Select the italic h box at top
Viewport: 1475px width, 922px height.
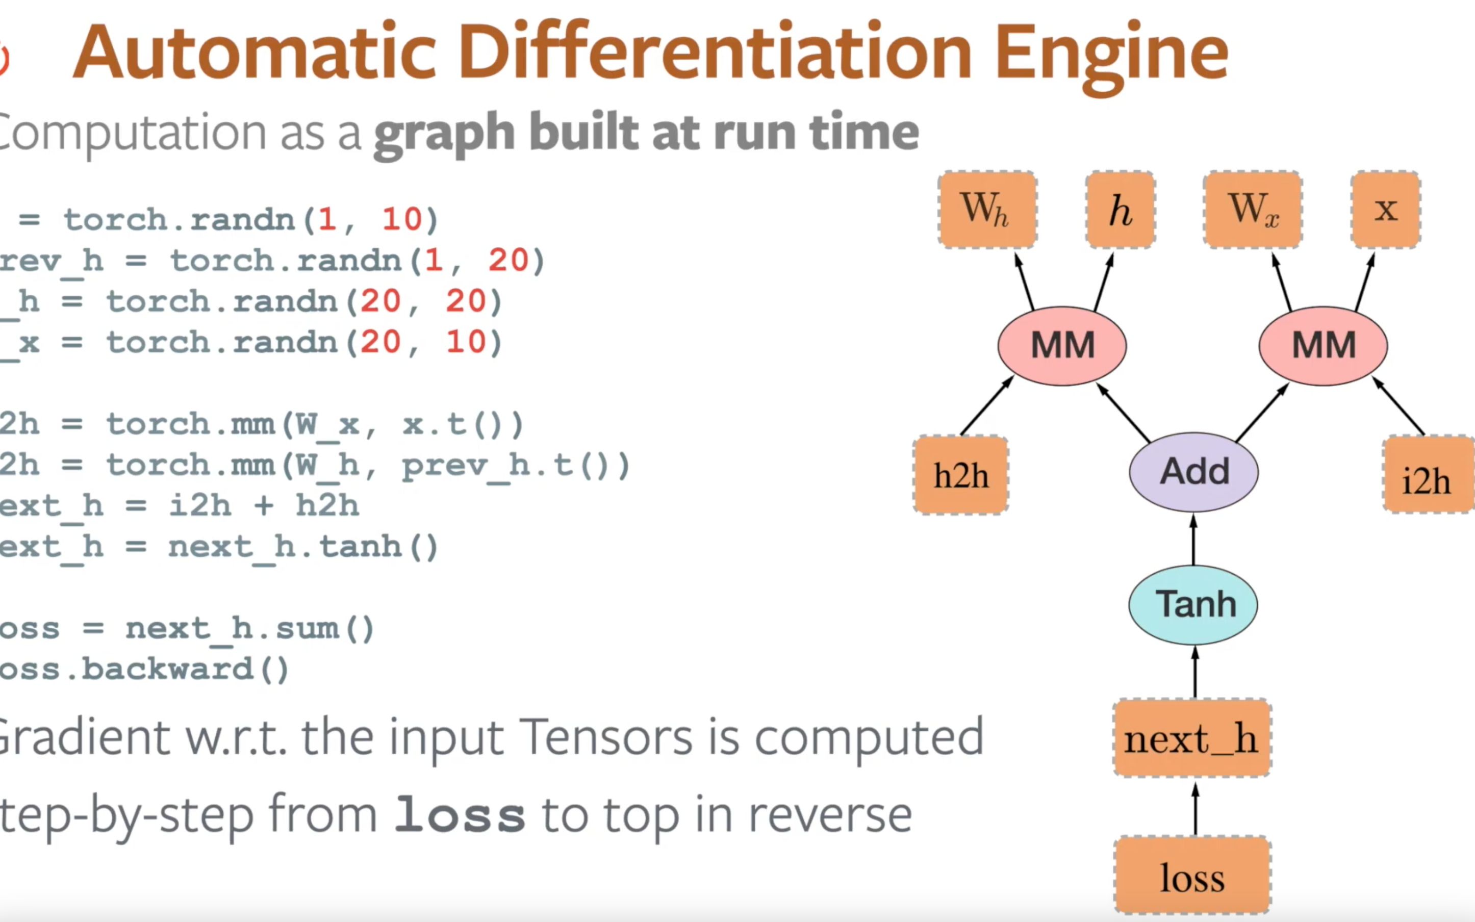(1120, 209)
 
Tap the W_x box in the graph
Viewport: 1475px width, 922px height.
(1253, 209)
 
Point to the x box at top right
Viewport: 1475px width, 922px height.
(1385, 209)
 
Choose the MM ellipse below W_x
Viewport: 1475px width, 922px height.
(1323, 346)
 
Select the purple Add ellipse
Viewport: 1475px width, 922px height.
(1193, 471)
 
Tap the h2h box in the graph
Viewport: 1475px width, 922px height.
(960, 475)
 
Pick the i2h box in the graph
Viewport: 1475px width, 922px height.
(1427, 475)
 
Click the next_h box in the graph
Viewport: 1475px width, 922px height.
(1192, 738)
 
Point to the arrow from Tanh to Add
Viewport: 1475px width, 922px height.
(1193, 539)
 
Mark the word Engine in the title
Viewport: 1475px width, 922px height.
(1111, 54)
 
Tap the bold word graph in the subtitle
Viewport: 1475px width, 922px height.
(444, 134)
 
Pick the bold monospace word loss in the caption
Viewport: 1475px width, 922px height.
(459, 815)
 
